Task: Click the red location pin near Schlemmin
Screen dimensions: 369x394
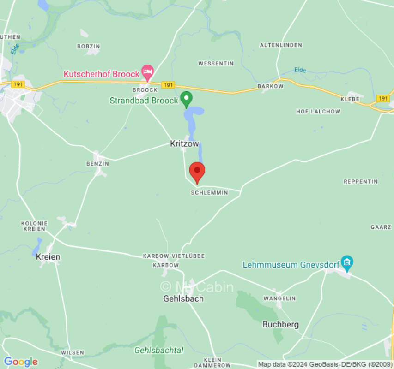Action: [197, 172]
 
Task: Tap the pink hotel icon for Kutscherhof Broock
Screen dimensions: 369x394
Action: [147, 71]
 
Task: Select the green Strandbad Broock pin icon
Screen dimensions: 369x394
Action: [186, 98]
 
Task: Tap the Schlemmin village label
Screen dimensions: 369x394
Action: [209, 193]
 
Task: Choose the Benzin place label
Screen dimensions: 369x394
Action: [97, 164]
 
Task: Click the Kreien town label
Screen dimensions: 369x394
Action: [48, 257]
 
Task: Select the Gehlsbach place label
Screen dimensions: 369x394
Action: [183, 298]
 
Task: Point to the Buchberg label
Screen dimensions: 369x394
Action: [280, 324]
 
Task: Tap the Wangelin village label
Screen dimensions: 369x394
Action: [279, 298]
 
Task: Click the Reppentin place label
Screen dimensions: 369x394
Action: [361, 182]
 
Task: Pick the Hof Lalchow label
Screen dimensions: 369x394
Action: [318, 112]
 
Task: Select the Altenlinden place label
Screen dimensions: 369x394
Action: [281, 45]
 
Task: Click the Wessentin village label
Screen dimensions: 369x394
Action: [216, 63]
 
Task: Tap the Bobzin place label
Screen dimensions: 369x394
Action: [88, 47]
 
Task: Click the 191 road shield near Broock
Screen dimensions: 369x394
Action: [169, 85]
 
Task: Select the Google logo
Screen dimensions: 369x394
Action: [20, 362]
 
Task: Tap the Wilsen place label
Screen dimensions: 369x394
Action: [73, 352]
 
